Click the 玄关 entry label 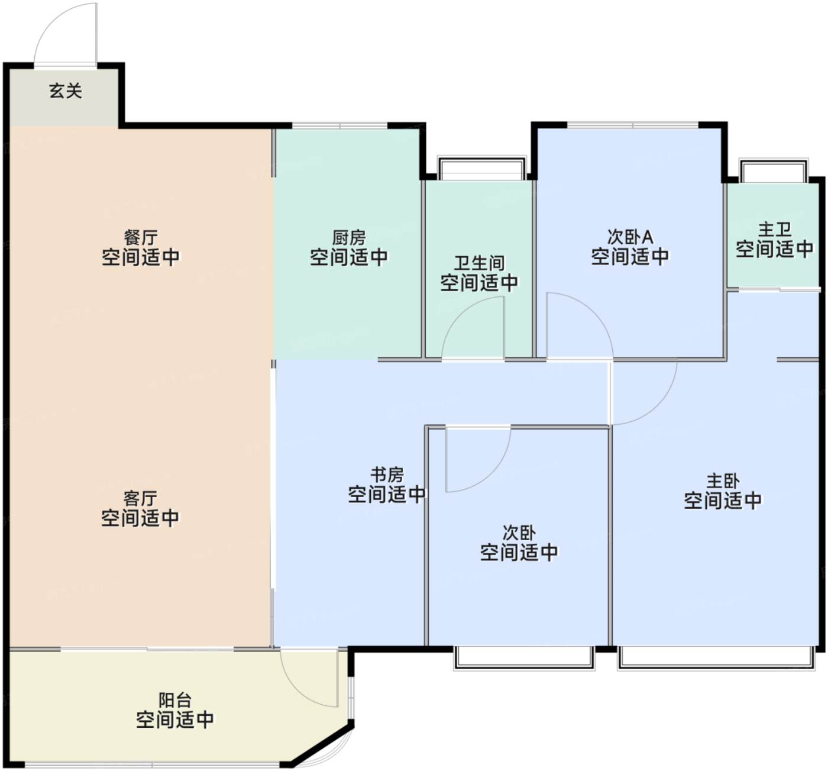(x=66, y=91)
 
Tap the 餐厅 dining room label (x=141, y=238)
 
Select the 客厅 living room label (x=141, y=499)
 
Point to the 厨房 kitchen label (x=349, y=238)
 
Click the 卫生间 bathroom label (x=480, y=263)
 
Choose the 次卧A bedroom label (x=630, y=237)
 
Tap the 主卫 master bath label (x=775, y=230)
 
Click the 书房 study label (x=387, y=475)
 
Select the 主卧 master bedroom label (x=723, y=481)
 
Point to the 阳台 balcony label (x=175, y=701)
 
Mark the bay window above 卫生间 (x=481, y=168)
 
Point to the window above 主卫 (x=774, y=171)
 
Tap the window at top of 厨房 (x=340, y=125)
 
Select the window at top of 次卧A (x=633, y=125)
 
